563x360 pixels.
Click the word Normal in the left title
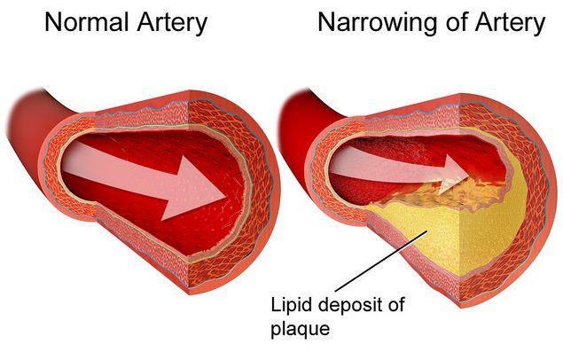(x=86, y=22)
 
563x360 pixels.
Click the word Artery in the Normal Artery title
(x=172, y=25)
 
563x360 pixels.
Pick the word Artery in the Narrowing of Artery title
(x=510, y=25)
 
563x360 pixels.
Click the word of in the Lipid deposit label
(x=395, y=305)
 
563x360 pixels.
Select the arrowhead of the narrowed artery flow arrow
(x=456, y=171)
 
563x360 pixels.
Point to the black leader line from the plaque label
(x=381, y=261)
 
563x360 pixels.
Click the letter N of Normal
(x=53, y=22)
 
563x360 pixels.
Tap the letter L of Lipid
(x=276, y=305)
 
